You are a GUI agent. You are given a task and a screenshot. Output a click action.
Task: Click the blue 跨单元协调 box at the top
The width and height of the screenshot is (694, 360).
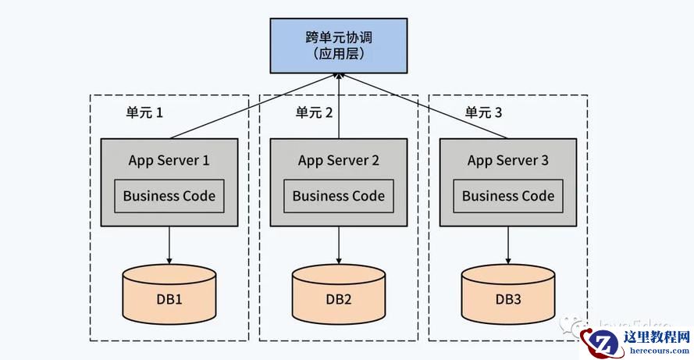pos(339,45)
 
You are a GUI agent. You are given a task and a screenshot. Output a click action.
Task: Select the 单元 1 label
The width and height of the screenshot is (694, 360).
pos(144,113)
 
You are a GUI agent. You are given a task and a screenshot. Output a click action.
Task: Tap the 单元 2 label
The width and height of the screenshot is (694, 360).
pos(314,113)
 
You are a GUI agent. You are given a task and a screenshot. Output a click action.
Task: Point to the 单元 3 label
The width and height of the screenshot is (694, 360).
pos(484,113)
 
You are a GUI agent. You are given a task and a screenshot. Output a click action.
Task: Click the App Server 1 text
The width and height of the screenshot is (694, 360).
pos(169,161)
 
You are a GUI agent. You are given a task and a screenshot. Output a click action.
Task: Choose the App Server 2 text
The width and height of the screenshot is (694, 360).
pos(339,161)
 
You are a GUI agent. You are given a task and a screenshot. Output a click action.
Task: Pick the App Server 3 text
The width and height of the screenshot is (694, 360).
pos(508,161)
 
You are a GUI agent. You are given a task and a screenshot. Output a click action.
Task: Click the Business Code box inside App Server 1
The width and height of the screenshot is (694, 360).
pos(169,196)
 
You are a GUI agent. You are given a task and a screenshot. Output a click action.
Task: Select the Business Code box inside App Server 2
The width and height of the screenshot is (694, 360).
pos(339,196)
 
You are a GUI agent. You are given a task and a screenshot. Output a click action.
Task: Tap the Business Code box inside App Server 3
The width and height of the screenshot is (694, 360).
pos(508,196)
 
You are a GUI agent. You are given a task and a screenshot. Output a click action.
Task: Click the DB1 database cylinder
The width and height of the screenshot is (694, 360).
pos(169,294)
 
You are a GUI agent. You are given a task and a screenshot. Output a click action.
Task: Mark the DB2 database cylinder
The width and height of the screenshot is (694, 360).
pos(339,294)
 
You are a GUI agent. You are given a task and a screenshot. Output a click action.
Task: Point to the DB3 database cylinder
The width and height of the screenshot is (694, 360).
pos(508,294)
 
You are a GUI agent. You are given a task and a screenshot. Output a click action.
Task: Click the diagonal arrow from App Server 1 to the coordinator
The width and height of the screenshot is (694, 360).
pos(250,106)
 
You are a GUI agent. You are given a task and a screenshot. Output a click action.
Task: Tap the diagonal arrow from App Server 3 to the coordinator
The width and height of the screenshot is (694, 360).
pos(426,106)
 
